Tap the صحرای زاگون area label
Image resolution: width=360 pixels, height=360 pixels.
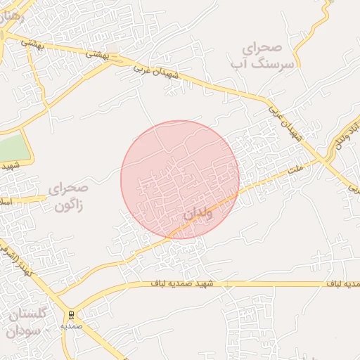point(68,198)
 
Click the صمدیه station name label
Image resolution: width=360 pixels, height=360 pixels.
point(72,326)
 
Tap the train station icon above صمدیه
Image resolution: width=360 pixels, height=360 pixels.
point(72,315)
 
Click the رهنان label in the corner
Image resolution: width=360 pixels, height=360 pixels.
point(12,16)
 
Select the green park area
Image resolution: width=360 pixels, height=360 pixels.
point(15,148)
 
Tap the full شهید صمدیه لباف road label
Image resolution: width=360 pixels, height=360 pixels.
point(190,283)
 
